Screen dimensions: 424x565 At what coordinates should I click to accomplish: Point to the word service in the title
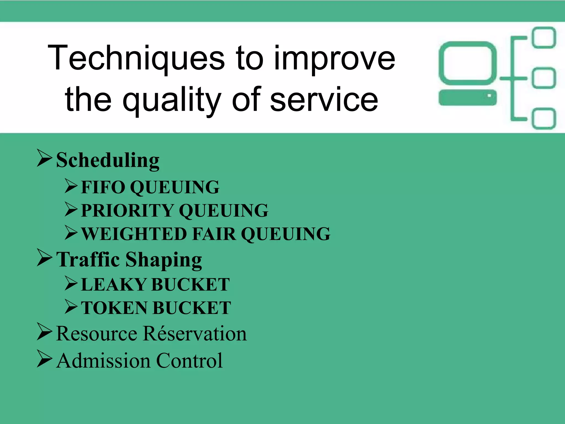(324, 99)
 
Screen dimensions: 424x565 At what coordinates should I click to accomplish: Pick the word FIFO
(103, 187)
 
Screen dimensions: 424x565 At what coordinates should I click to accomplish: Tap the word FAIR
(214, 234)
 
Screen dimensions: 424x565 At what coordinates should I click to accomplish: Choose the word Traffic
(88, 259)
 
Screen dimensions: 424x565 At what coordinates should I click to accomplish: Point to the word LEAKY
(113, 285)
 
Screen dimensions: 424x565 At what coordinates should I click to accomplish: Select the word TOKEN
(114, 308)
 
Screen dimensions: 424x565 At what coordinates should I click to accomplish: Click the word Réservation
(195, 334)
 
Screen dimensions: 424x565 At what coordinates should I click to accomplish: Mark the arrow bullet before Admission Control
(44, 359)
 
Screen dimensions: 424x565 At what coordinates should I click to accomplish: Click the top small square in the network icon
(544, 38)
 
